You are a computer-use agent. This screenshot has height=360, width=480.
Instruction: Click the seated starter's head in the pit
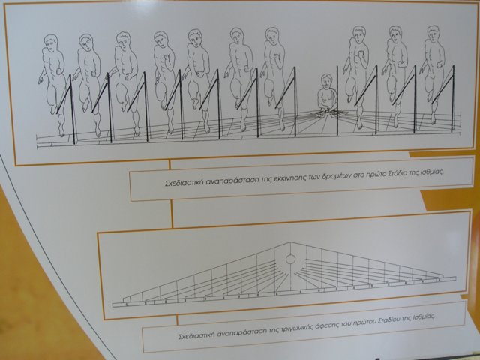click(x=326, y=81)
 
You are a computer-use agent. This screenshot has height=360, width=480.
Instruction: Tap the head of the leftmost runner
click(x=50, y=43)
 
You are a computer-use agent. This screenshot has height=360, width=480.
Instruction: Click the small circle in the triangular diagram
click(x=290, y=259)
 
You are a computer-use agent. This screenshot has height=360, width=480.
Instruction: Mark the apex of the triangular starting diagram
click(x=290, y=242)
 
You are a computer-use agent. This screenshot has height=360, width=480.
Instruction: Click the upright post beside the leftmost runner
click(x=72, y=109)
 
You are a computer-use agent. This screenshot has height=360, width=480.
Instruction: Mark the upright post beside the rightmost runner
click(x=453, y=98)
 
